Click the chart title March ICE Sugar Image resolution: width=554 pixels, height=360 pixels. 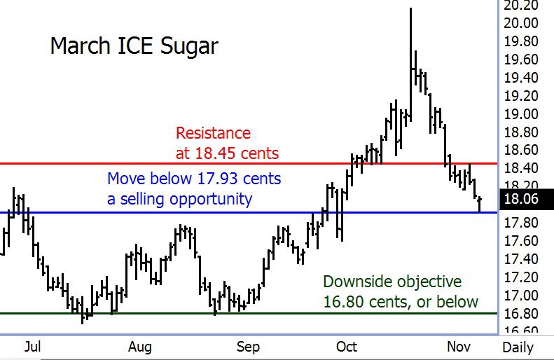pyautogui.click(x=134, y=46)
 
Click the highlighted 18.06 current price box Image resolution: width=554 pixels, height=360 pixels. pyautogui.click(x=522, y=200)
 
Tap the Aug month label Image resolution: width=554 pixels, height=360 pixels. pyautogui.click(x=140, y=347)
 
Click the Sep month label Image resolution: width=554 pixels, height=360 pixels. pyautogui.click(x=248, y=347)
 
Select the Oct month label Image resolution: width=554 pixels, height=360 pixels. pyautogui.click(x=347, y=347)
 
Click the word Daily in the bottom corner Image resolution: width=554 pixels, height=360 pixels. pyautogui.click(x=518, y=347)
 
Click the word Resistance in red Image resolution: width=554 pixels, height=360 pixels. pyautogui.click(x=213, y=132)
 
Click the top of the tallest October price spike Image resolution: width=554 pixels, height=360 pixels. pyautogui.click(x=410, y=9)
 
